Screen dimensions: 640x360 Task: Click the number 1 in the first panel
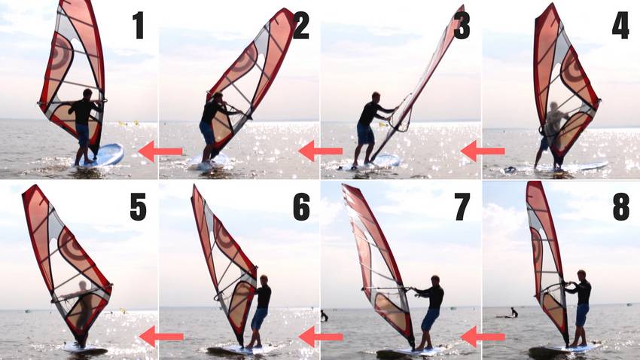click(139, 26)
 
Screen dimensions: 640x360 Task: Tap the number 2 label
click(301, 26)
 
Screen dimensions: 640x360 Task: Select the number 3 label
click(462, 26)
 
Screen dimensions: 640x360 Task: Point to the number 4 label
click(620, 26)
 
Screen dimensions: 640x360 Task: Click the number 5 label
click(138, 207)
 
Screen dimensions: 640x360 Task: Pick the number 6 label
click(301, 207)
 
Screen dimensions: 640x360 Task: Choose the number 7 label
click(462, 207)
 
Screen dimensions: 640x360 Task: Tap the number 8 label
click(621, 207)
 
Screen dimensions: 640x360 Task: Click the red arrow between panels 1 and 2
click(160, 151)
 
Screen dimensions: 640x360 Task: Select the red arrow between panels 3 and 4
click(483, 151)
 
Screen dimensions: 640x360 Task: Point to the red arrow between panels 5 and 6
click(161, 337)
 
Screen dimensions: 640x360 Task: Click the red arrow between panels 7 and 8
click(483, 337)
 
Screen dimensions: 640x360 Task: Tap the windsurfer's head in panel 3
click(376, 97)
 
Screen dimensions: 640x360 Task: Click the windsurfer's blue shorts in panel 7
click(430, 319)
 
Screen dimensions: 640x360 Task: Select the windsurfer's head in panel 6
click(264, 280)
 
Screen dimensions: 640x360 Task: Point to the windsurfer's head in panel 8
click(581, 275)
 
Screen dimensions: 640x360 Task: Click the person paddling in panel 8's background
click(514, 313)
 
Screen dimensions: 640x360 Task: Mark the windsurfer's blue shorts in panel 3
click(365, 134)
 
